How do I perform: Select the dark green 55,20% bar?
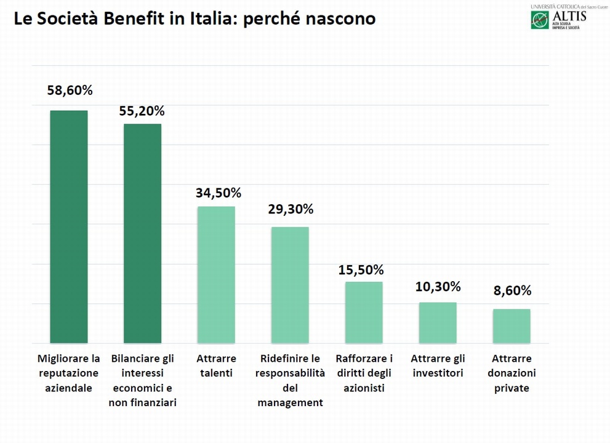tap(142, 233)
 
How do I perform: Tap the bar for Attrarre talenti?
tap(216, 274)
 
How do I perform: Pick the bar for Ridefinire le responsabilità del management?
tap(290, 285)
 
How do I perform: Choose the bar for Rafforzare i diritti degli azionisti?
tap(364, 312)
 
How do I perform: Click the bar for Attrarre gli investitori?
tap(438, 322)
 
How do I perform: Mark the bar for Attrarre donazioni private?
tap(512, 325)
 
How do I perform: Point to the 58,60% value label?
tap(70, 90)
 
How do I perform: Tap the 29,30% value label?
tap(291, 209)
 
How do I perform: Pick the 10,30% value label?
tap(438, 286)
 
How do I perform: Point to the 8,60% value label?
tap(511, 291)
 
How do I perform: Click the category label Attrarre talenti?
tap(214, 365)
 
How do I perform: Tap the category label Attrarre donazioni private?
tap(512, 373)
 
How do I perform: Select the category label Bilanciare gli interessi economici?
tap(142, 380)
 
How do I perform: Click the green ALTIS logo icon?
tap(540, 20)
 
